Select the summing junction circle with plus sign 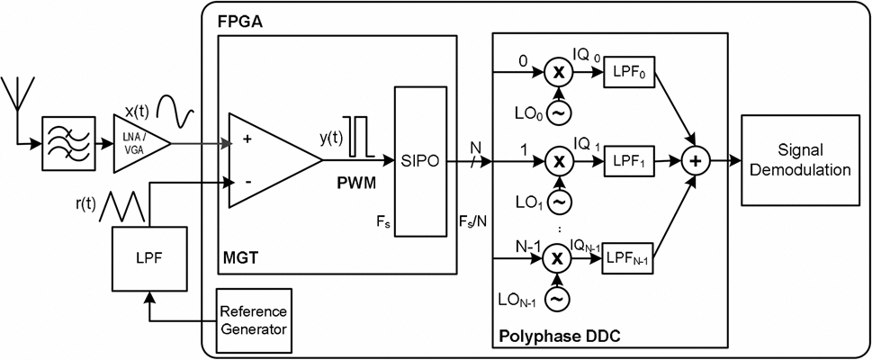(x=694, y=162)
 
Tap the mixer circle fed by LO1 (x=559, y=162)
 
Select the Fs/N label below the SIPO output (x=473, y=219)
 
